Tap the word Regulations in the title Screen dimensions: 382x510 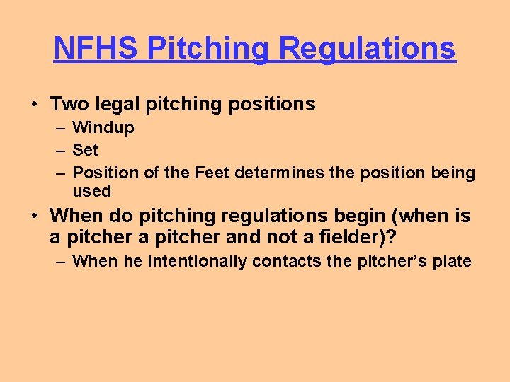(367, 48)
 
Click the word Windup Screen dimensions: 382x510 (103, 128)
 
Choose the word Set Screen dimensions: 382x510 (86, 150)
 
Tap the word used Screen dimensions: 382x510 (92, 191)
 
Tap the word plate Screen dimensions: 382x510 (452, 261)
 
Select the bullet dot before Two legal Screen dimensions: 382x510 (34, 105)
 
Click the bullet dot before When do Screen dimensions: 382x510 (34, 216)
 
